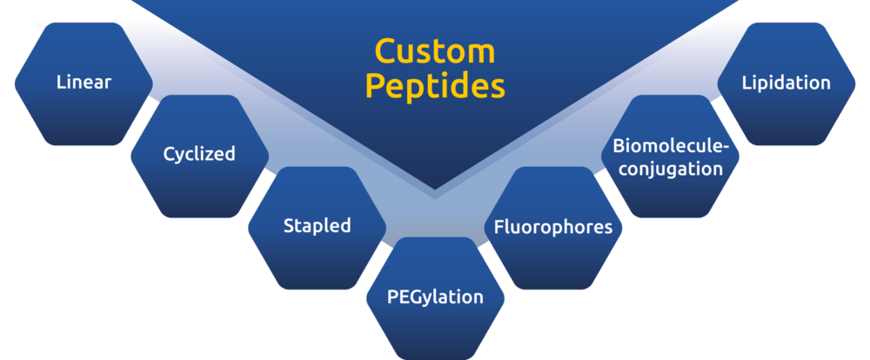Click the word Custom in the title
(434, 51)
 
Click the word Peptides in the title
(435, 87)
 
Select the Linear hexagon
(84, 83)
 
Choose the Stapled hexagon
(317, 228)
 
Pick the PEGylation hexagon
(436, 298)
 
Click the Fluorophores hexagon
(553, 228)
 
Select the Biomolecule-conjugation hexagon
(670, 156)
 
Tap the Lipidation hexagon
(786, 83)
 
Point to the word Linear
(84, 83)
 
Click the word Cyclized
(199, 154)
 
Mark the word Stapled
(317, 226)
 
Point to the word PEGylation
(435, 297)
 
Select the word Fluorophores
(553, 227)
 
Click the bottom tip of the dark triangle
(434, 190)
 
